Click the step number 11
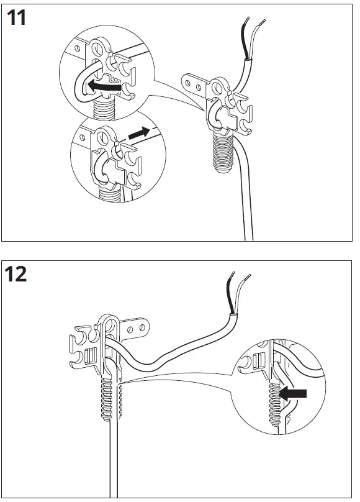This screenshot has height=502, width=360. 17,18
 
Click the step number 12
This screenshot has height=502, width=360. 17,273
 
